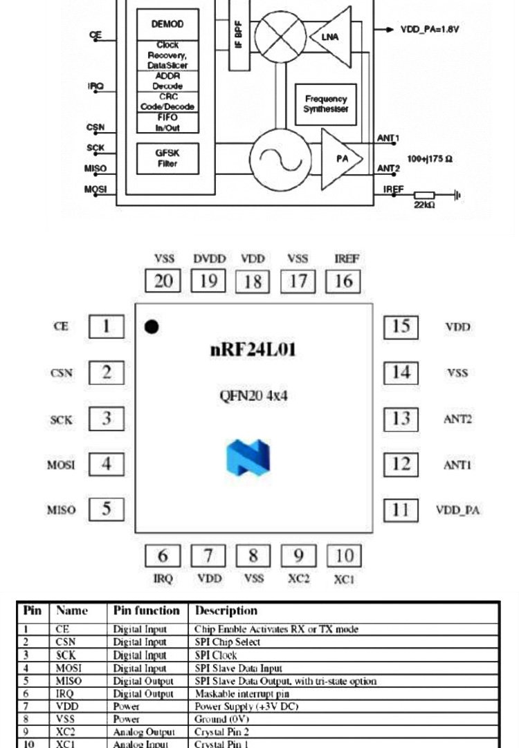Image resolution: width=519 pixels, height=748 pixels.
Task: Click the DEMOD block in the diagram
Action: point(167,24)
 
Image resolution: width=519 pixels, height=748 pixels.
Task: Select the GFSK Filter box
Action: point(167,158)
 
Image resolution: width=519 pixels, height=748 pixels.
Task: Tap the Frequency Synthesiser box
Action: point(325,104)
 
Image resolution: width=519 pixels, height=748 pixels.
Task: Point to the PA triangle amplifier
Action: point(341,158)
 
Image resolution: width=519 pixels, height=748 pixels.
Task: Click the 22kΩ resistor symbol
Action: point(424,196)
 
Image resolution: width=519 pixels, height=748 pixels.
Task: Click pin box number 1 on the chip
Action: point(107,326)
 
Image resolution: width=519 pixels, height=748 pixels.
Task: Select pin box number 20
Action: point(163,281)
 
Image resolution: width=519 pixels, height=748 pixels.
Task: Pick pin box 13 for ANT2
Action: point(401,418)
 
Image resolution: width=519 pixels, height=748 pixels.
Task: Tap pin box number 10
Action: point(344,556)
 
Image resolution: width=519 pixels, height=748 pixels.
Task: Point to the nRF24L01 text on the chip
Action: point(253,350)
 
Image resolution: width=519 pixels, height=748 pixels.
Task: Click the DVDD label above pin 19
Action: point(208,259)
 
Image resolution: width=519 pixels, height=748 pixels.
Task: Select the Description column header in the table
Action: point(226,610)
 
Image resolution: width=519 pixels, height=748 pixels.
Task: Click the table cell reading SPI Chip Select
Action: point(228,642)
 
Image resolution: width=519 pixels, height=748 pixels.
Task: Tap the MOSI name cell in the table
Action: point(69,668)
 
